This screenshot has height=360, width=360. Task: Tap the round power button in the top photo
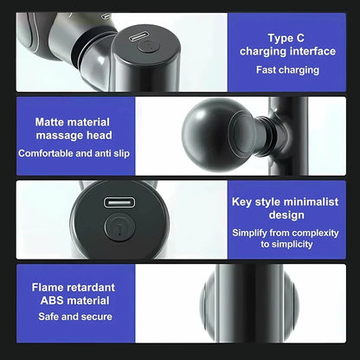click(x=148, y=47)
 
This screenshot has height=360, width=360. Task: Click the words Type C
click(x=286, y=38)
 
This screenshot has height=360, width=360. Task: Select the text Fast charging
click(x=287, y=70)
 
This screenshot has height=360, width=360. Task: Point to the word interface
click(x=312, y=51)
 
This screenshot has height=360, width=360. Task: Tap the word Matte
click(x=48, y=122)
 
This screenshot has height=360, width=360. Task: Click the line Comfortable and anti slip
click(x=74, y=153)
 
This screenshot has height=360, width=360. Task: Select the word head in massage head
click(x=100, y=135)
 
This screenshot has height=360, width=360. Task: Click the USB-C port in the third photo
click(x=119, y=202)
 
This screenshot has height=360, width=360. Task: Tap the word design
click(x=286, y=215)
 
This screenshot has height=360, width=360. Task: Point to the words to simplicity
click(x=286, y=244)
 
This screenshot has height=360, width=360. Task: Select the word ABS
click(x=49, y=300)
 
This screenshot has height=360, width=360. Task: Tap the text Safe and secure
click(x=75, y=317)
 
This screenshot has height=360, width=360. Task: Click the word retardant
click(x=88, y=287)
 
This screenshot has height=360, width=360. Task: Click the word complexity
click(x=315, y=233)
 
